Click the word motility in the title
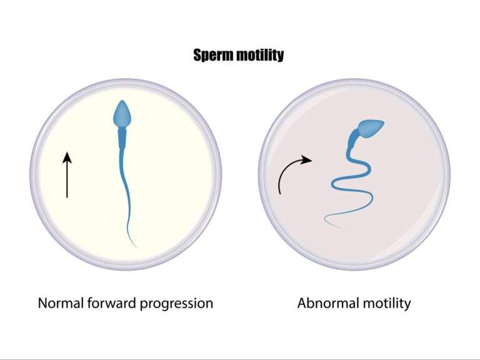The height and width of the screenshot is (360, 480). coord(259,55)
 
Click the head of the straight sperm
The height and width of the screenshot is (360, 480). coord(122,114)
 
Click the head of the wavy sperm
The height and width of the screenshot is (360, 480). coord(371,128)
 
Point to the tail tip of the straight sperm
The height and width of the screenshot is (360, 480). coord(137,247)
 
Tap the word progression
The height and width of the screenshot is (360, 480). coord(179,304)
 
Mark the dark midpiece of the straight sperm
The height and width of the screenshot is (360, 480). coord(122,136)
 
